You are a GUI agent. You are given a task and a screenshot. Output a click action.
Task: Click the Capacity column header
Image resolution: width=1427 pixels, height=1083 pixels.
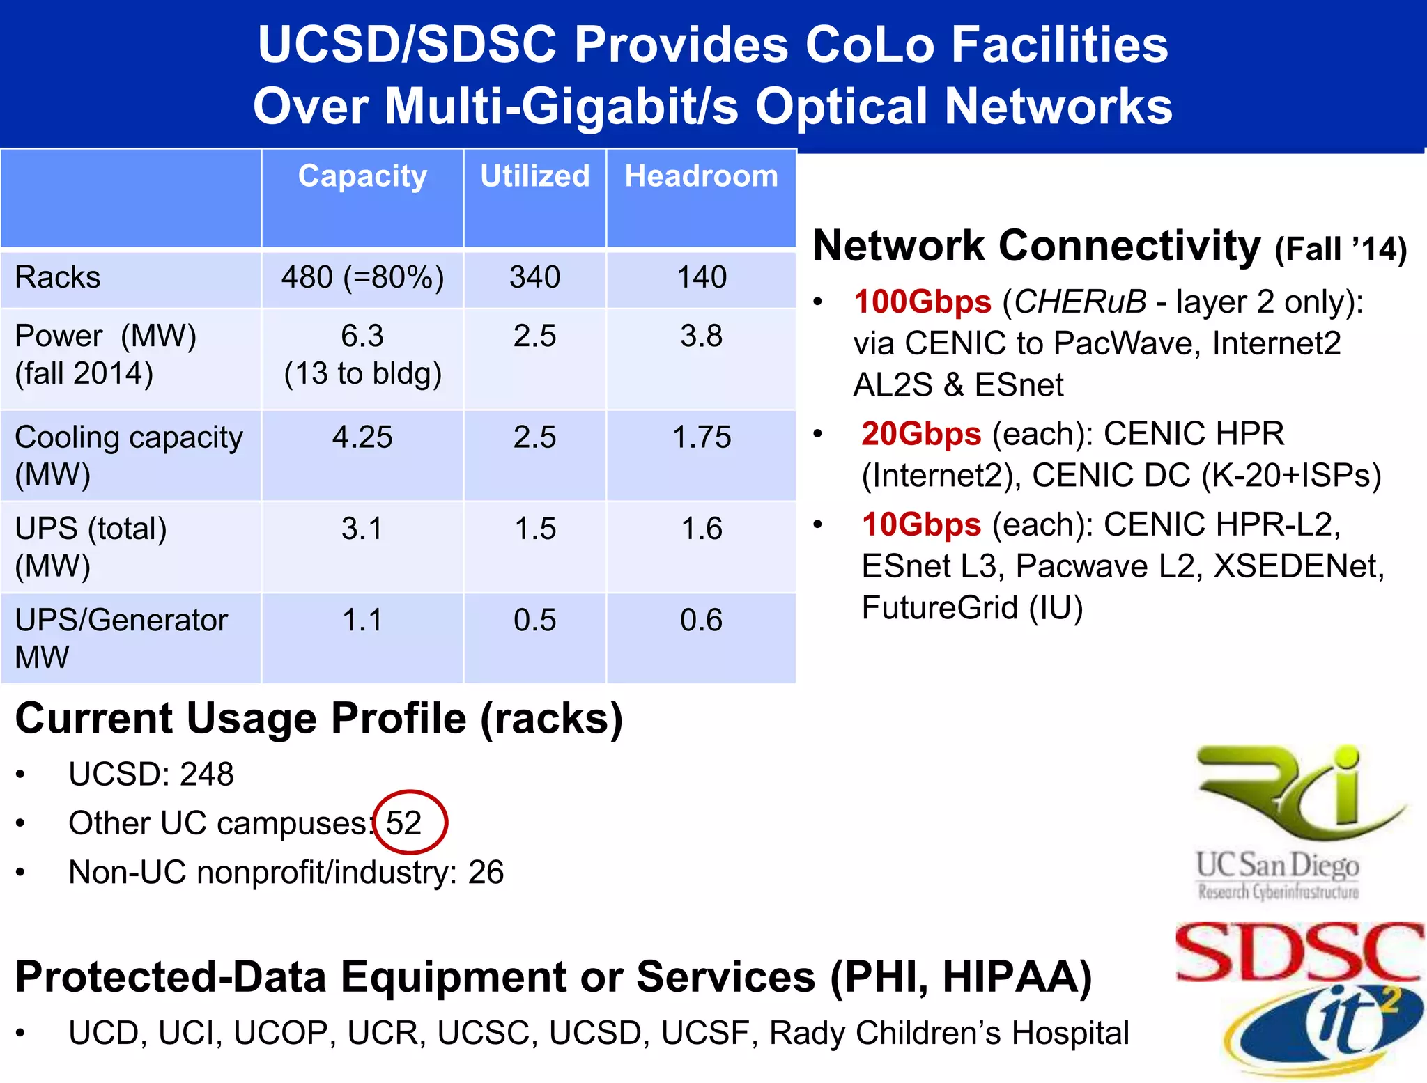(362, 176)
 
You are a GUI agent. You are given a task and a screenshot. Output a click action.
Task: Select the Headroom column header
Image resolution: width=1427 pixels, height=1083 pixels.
(701, 176)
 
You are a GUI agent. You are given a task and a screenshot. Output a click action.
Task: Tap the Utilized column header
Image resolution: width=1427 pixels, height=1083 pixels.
(534, 176)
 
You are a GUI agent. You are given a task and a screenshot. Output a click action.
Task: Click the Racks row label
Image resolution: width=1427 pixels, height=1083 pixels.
(58, 277)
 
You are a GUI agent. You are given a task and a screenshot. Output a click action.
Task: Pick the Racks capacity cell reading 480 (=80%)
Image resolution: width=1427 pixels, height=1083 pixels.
(362, 277)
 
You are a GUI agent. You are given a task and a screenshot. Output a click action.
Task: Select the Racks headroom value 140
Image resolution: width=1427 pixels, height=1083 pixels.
(702, 277)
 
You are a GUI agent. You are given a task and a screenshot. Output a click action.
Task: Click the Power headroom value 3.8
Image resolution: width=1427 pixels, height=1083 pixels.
(702, 336)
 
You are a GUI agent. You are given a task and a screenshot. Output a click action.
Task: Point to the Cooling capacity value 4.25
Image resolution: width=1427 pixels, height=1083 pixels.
(362, 437)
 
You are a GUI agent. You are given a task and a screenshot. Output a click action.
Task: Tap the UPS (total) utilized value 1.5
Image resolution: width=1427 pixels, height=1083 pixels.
(535, 529)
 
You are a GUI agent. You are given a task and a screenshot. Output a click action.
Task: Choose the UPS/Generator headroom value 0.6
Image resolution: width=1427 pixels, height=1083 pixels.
(702, 620)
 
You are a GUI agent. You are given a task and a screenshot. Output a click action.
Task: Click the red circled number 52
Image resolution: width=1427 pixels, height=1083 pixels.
(405, 823)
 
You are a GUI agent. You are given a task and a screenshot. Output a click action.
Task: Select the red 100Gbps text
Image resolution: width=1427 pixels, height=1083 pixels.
(922, 302)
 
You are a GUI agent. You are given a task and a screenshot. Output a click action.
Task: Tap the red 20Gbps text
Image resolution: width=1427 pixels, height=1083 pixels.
(921, 434)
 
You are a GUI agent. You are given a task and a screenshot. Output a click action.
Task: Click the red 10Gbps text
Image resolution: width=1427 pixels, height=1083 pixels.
(921, 524)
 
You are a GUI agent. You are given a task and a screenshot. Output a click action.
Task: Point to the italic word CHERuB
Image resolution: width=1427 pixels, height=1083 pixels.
(1079, 302)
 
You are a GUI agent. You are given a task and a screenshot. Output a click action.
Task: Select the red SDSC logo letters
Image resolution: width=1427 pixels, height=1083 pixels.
(1299, 953)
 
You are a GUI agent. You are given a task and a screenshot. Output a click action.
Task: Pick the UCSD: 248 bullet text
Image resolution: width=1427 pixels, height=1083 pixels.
(151, 774)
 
